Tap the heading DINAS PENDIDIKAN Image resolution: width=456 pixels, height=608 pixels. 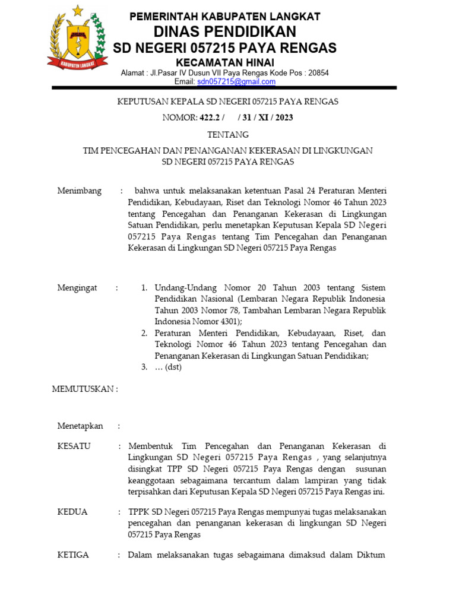tap(225, 31)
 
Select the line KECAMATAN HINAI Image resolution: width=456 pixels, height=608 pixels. tap(225, 62)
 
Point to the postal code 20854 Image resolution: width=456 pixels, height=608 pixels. tap(316, 73)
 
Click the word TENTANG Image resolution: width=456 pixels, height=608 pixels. tap(228, 135)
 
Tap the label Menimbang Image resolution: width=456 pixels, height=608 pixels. tap(79, 191)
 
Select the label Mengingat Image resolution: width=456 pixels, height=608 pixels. tap(77, 288)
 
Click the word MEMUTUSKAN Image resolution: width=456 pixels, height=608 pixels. tap(84, 389)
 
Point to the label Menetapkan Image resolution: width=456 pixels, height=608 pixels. tap(80, 426)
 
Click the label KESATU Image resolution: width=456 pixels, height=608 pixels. tap(74, 446)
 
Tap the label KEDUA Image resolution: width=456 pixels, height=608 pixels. tap(72, 512)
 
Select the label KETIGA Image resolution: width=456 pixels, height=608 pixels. tap(73, 555)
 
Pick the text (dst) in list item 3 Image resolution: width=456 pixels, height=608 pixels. tap(172, 367)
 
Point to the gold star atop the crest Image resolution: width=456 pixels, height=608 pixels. tap(78, 10)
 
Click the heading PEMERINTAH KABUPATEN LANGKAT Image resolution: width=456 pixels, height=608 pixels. tap(225, 16)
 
